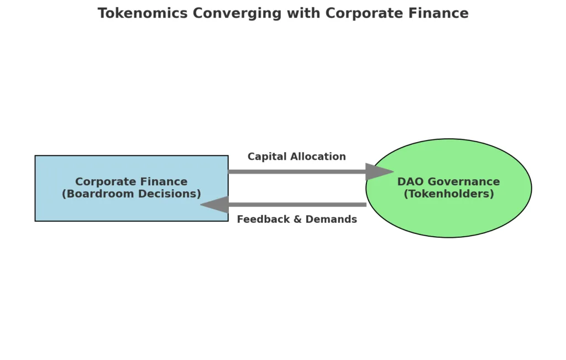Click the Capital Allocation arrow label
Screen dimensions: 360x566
(297, 156)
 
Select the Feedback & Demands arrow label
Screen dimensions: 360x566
(297, 220)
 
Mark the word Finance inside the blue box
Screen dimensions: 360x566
(164, 182)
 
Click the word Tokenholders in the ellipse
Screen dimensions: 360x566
(449, 194)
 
